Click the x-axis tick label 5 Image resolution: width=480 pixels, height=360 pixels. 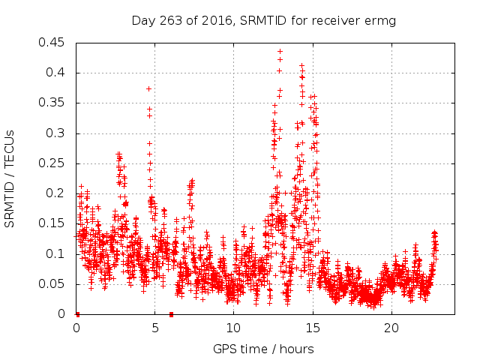pos(155,328)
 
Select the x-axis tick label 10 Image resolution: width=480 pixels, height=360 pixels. pos(234,328)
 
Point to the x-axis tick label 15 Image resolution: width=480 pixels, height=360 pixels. pos(313,328)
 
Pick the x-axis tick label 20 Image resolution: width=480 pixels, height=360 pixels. pos(391,328)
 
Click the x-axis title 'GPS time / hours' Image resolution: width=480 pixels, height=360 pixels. pos(263,349)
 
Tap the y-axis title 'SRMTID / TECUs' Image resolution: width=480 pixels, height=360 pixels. pos(10,178)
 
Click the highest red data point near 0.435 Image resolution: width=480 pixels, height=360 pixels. pos(280,52)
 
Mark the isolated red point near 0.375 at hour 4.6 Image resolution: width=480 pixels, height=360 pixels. pos(148,88)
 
